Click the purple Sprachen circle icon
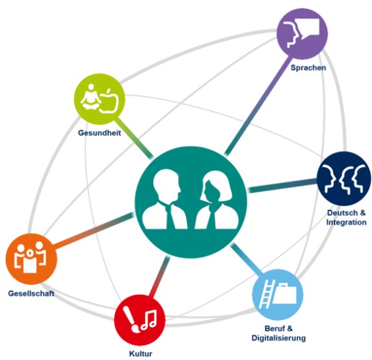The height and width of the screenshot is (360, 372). (x=302, y=34)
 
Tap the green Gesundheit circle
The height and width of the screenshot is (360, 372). (x=100, y=99)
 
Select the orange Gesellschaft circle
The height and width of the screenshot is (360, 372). (x=31, y=259)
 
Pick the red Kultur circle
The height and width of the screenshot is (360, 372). (x=140, y=320)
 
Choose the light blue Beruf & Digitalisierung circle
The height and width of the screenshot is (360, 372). (x=278, y=294)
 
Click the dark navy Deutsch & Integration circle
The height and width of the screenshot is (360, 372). (x=344, y=178)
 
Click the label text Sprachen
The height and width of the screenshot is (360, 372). (x=308, y=68)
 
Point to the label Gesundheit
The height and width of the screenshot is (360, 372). (x=100, y=133)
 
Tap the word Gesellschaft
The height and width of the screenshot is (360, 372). (x=31, y=294)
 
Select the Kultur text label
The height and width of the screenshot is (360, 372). (x=140, y=353)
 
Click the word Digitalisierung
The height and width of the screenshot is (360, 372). (x=278, y=338)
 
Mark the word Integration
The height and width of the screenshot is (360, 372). (x=346, y=222)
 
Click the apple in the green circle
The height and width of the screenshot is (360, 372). (x=109, y=101)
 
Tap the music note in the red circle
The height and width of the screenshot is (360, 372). (x=149, y=320)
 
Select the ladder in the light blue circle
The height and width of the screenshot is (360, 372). (x=266, y=294)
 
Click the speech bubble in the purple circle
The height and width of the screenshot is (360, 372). (x=308, y=27)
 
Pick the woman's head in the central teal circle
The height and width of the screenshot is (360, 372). (x=214, y=187)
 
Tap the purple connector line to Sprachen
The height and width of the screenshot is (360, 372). (x=258, y=105)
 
